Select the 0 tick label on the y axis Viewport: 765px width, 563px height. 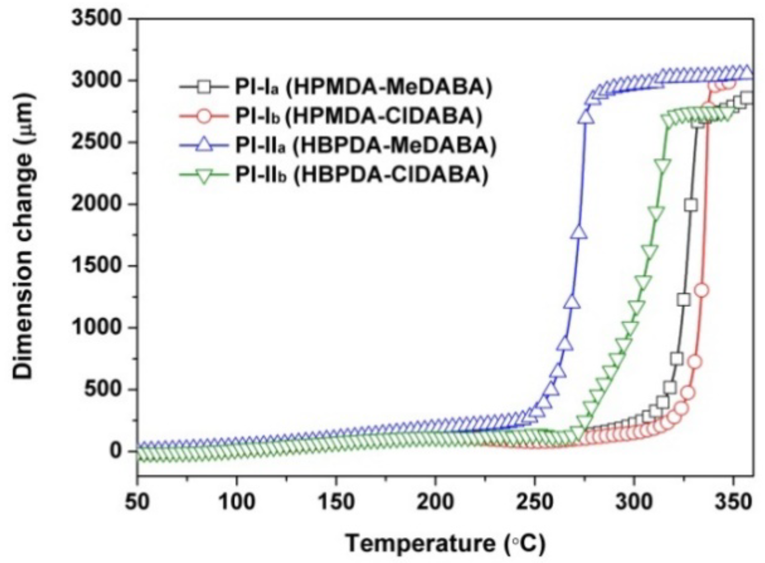tap(115, 451)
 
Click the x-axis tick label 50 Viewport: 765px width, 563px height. tap(137, 503)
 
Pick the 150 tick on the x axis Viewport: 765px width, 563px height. tap(336, 503)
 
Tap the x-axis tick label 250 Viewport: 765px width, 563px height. tap(535, 503)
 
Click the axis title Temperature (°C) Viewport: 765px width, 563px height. tap(445, 543)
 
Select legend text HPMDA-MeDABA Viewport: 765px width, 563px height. tap(389, 87)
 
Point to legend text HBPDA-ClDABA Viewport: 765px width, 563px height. tap(390, 175)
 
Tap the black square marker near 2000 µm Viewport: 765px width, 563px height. tap(691, 205)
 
